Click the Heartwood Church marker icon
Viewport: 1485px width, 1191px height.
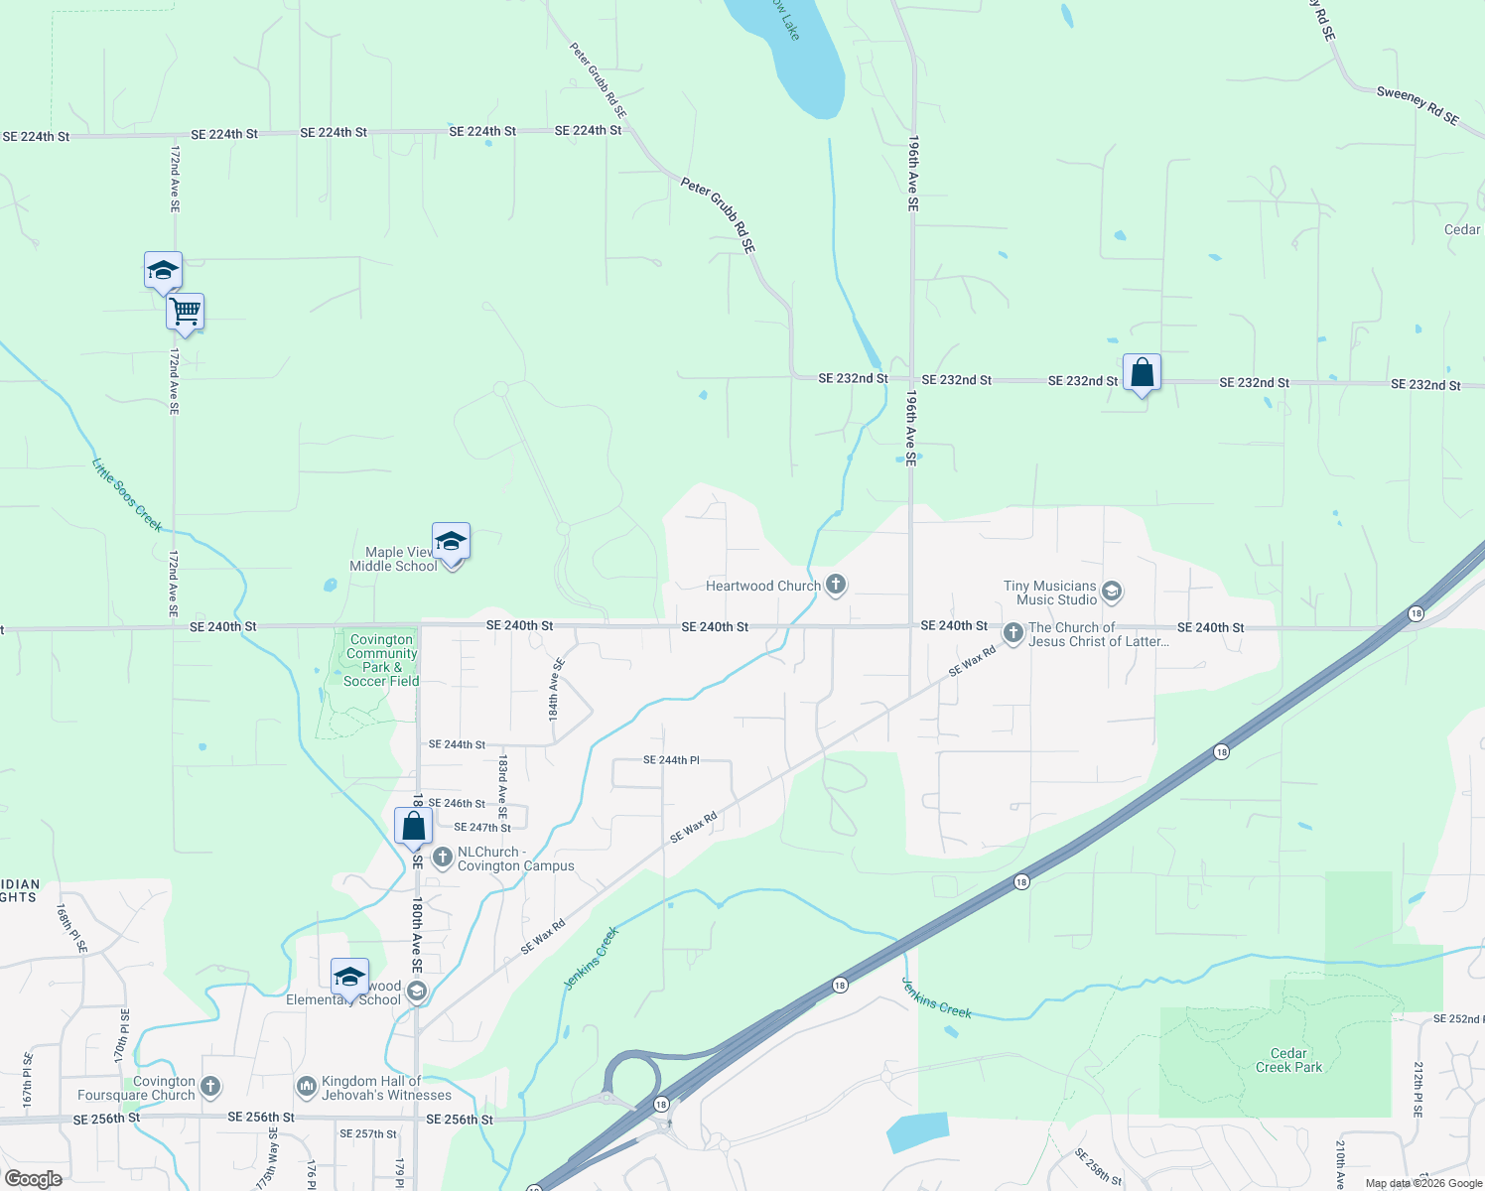[836, 585]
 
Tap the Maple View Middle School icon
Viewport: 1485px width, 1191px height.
[451, 542]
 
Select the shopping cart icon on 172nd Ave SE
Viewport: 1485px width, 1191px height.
[186, 312]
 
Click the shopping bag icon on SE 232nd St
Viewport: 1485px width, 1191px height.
[1142, 373]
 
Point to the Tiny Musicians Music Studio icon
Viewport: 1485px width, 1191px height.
[1112, 593]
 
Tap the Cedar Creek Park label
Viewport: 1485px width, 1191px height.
[1288, 1060]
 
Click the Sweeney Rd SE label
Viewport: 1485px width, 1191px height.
[1417, 105]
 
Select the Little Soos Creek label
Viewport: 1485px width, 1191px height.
[127, 494]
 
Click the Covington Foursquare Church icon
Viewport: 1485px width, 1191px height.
[210, 1087]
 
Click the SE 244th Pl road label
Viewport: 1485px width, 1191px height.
[671, 760]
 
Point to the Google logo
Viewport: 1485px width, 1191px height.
[34, 1179]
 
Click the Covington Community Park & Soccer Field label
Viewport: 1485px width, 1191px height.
[381, 660]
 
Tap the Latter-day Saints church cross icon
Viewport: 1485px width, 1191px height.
[1012, 632]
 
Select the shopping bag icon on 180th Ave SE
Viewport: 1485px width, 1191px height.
[413, 826]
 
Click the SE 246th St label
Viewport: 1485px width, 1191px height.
[457, 804]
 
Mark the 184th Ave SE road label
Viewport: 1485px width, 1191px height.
[556, 689]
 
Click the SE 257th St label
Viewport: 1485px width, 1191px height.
[367, 1133]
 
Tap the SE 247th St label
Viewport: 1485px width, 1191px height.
[482, 828]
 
